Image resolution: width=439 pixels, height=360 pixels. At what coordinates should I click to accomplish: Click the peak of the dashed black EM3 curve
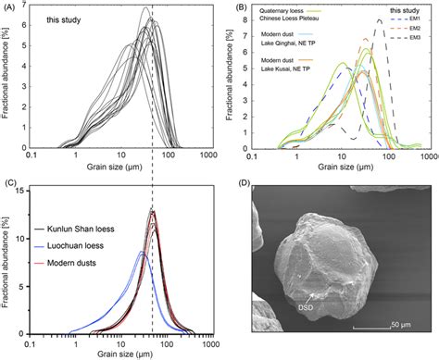pos(378,19)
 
